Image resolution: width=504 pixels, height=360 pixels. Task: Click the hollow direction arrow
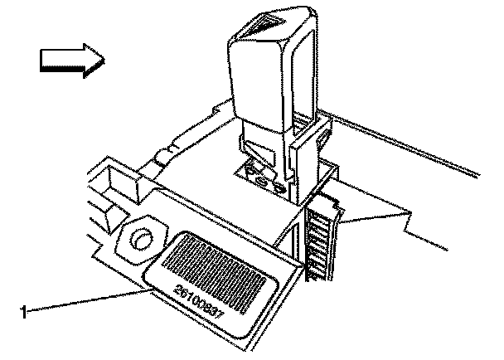coord(71,60)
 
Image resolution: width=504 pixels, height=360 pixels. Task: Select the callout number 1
coord(24,313)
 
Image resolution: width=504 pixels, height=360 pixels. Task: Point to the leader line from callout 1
coord(83,301)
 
